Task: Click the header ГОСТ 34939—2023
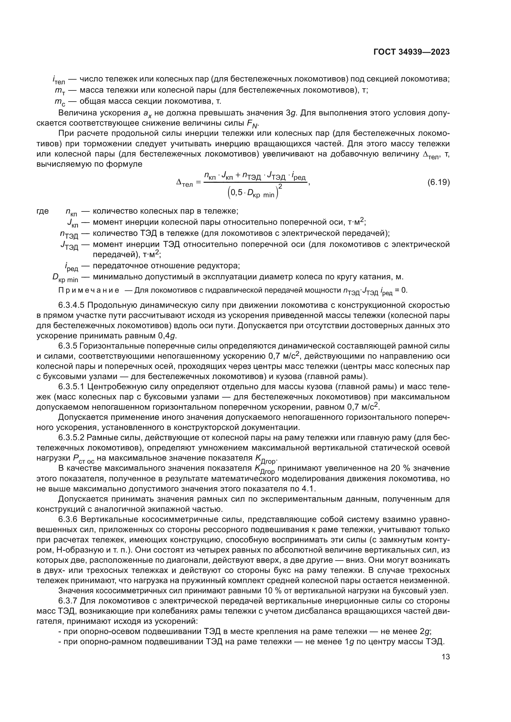point(411,52)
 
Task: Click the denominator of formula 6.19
point(254,193)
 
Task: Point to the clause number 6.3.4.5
point(71,305)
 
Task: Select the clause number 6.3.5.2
point(71,438)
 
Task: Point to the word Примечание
point(89,290)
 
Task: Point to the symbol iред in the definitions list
point(71,267)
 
